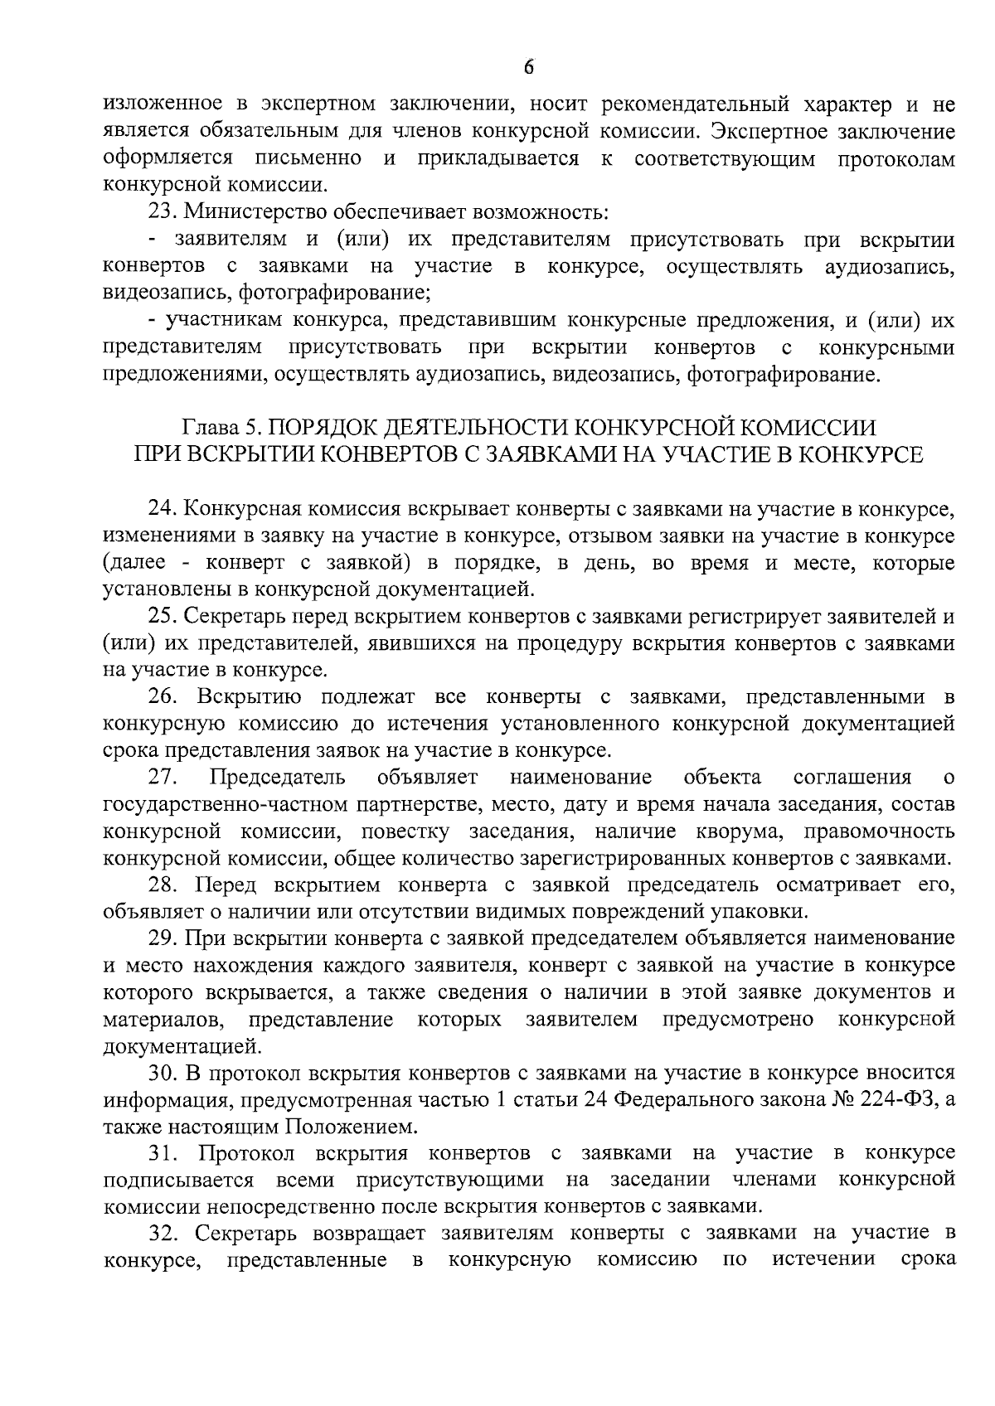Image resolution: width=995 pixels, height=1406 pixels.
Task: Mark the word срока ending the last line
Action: [x=927, y=1261]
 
